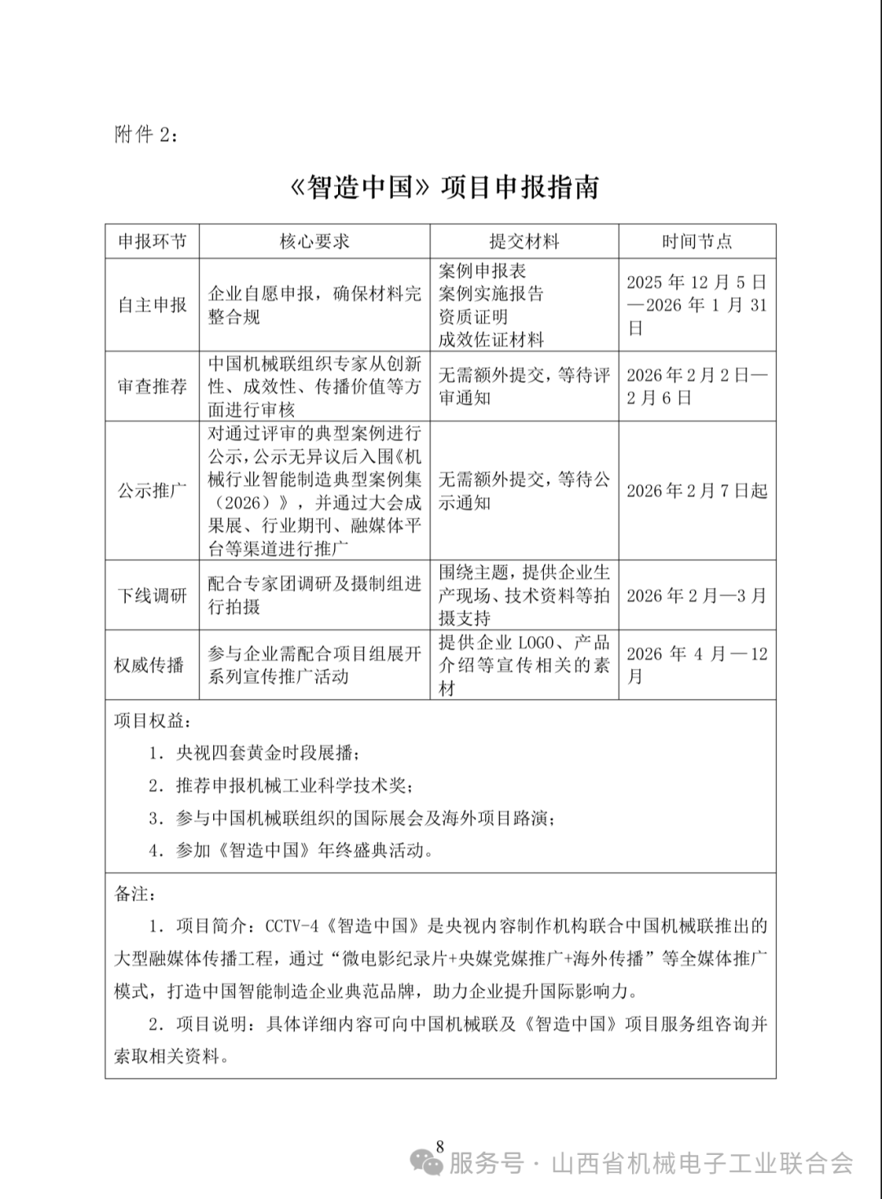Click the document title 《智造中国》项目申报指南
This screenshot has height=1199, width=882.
click(x=445, y=188)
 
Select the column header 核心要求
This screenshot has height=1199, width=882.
click(x=314, y=241)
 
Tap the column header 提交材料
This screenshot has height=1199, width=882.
click(x=523, y=241)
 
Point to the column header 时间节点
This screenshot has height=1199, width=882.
click(x=697, y=241)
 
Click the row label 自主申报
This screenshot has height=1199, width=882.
click(x=153, y=305)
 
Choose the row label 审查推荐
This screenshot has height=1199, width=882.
click(x=153, y=386)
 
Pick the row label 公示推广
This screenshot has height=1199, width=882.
click(x=153, y=490)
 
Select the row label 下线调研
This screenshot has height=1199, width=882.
click(x=153, y=595)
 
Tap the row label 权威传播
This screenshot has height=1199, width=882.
click(x=150, y=665)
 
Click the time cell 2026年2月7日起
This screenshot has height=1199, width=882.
click(x=697, y=490)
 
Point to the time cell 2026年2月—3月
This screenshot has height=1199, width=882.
click(x=697, y=595)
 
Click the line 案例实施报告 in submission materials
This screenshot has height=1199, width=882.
click(x=491, y=293)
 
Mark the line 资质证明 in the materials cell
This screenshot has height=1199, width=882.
click(x=473, y=316)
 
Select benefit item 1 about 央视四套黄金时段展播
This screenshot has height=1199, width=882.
click(x=253, y=752)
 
